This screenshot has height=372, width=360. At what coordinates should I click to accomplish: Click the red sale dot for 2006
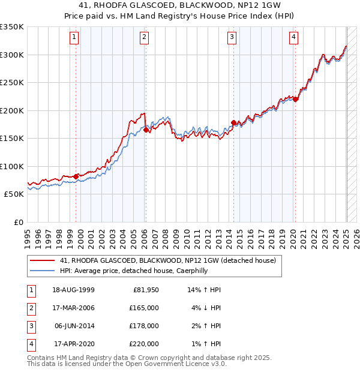tap(145, 129)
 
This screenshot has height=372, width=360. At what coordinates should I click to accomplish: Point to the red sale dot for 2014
tap(233, 122)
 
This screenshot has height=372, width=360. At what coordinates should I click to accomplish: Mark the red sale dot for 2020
tap(295, 100)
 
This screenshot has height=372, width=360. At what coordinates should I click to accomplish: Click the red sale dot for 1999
tap(76, 176)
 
